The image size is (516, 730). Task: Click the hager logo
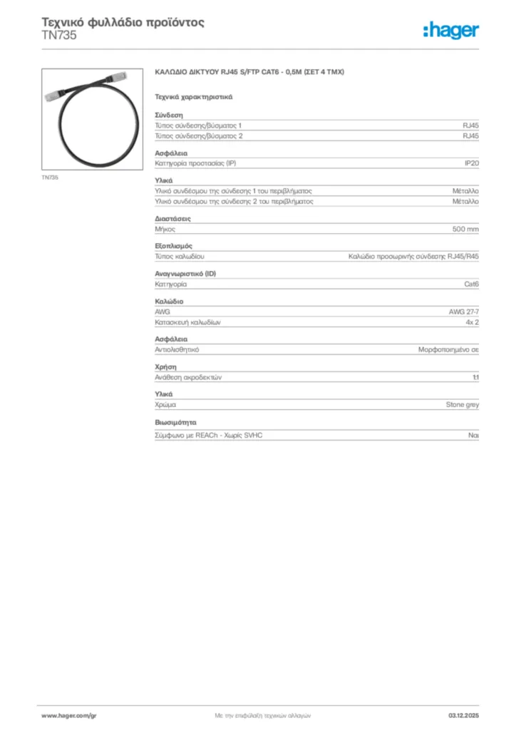[x=450, y=30]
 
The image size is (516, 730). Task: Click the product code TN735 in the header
[x=59, y=35]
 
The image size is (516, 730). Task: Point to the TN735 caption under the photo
[x=50, y=177]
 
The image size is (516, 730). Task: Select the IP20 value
[x=471, y=163]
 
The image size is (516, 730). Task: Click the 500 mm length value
[x=465, y=229]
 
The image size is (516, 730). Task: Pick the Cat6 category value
[x=471, y=284]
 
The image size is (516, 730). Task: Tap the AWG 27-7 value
[x=463, y=312]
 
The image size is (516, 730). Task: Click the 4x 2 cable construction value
[x=471, y=322]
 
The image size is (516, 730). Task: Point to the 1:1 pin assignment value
[x=475, y=377]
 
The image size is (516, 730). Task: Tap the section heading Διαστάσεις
[x=172, y=218]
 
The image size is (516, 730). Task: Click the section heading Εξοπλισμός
[x=173, y=246]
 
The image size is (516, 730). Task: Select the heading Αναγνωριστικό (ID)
[x=185, y=273]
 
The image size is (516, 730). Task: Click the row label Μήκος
[x=165, y=229]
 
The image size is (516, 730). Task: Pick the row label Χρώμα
[x=166, y=404]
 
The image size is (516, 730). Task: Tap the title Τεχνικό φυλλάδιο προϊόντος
[x=123, y=22]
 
